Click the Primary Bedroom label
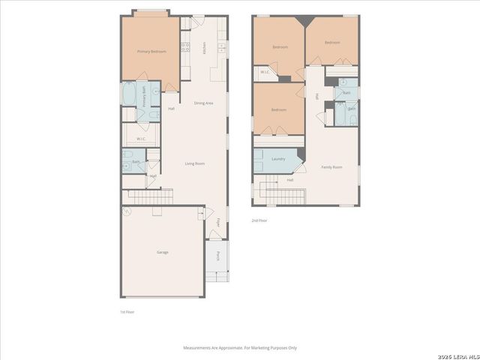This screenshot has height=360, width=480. tap(151, 51)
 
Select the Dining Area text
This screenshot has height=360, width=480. tap(204, 103)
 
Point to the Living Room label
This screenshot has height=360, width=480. tap(195, 163)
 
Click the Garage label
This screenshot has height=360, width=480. tap(162, 252)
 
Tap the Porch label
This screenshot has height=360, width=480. tap(218, 255)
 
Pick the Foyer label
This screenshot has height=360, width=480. tap(218, 222)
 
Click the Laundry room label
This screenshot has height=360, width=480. tap(278, 158)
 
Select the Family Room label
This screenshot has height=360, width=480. tap(331, 166)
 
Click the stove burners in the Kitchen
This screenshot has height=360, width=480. tap(184, 48)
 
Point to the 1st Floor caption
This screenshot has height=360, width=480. tap(127, 311)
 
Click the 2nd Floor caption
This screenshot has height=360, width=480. tap(259, 220)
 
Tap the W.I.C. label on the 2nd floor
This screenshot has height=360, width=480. tap(265, 72)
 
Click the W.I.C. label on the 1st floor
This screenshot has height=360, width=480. tap(141, 139)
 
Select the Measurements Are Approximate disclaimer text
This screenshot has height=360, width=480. tap(240, 348)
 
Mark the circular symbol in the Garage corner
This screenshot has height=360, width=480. tap(127, 211)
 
